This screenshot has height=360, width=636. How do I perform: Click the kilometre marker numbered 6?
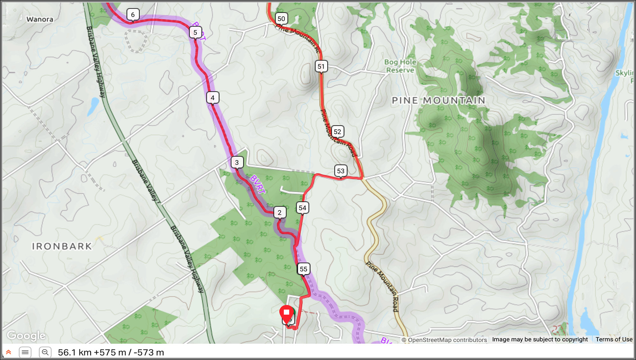pos(133,15)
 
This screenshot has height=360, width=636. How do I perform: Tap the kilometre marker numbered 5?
pos(195,32)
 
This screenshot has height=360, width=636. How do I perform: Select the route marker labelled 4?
pos(213,98)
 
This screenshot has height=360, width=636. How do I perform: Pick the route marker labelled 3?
pos(237,163)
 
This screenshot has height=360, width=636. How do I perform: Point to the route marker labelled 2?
pos(280,212)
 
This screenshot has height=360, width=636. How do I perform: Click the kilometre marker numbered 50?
pos(281,19)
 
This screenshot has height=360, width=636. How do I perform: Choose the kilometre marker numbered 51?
pos(321,66)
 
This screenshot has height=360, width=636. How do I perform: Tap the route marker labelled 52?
pos(337,132)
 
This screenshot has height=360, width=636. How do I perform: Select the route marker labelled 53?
pos(341,171)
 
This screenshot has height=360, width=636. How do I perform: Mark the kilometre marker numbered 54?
pos(302,208)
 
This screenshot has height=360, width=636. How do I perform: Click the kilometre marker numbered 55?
pos(304,269)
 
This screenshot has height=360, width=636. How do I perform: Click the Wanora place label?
pos(40,19)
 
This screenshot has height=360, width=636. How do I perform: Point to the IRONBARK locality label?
pos(62,246)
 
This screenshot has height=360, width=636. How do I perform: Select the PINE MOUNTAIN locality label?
pos(439,100)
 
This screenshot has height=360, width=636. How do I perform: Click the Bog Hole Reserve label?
pos(400,66)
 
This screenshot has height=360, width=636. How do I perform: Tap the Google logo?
pos(26,336)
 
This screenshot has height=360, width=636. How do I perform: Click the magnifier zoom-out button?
pos(45,352)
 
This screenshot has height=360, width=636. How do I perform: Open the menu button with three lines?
pos(25,352)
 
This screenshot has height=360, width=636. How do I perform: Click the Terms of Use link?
pos(614,339)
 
